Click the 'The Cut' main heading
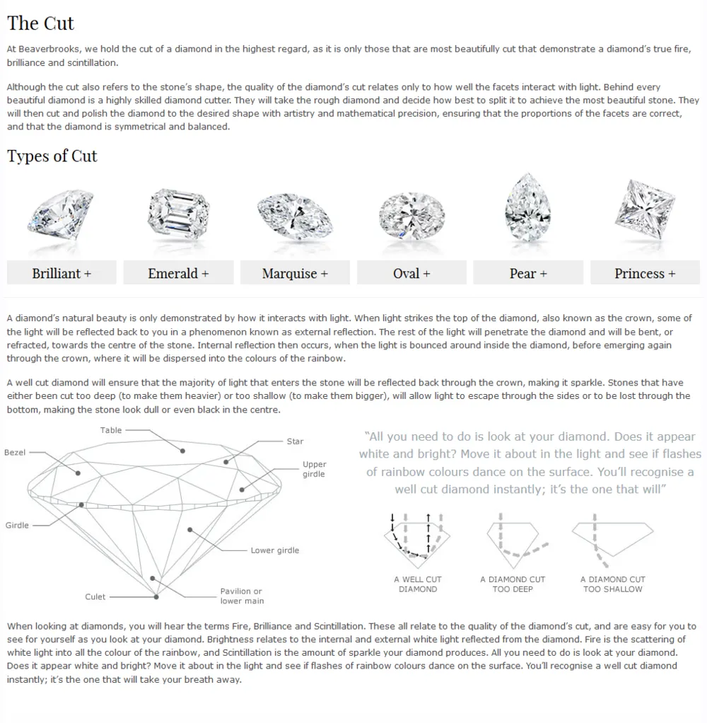(40, 23)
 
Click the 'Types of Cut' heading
(52, 156)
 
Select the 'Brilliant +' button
(62, 273)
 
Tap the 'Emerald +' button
(178, 273)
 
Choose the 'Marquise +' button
(295, 273)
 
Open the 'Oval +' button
(411, 273)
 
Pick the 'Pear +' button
(528, 273)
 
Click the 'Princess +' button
(645, 273)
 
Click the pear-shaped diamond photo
(527, 208)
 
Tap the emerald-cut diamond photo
(178, 213)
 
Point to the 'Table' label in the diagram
(111, 430)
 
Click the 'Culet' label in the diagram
(95, 596)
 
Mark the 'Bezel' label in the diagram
(15, 452)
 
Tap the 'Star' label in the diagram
(295, 441)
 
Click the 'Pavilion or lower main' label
(241, 596)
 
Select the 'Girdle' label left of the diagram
(17, 525)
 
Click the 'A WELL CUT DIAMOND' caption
(418, 584)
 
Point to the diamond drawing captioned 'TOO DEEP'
(512, 538)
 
